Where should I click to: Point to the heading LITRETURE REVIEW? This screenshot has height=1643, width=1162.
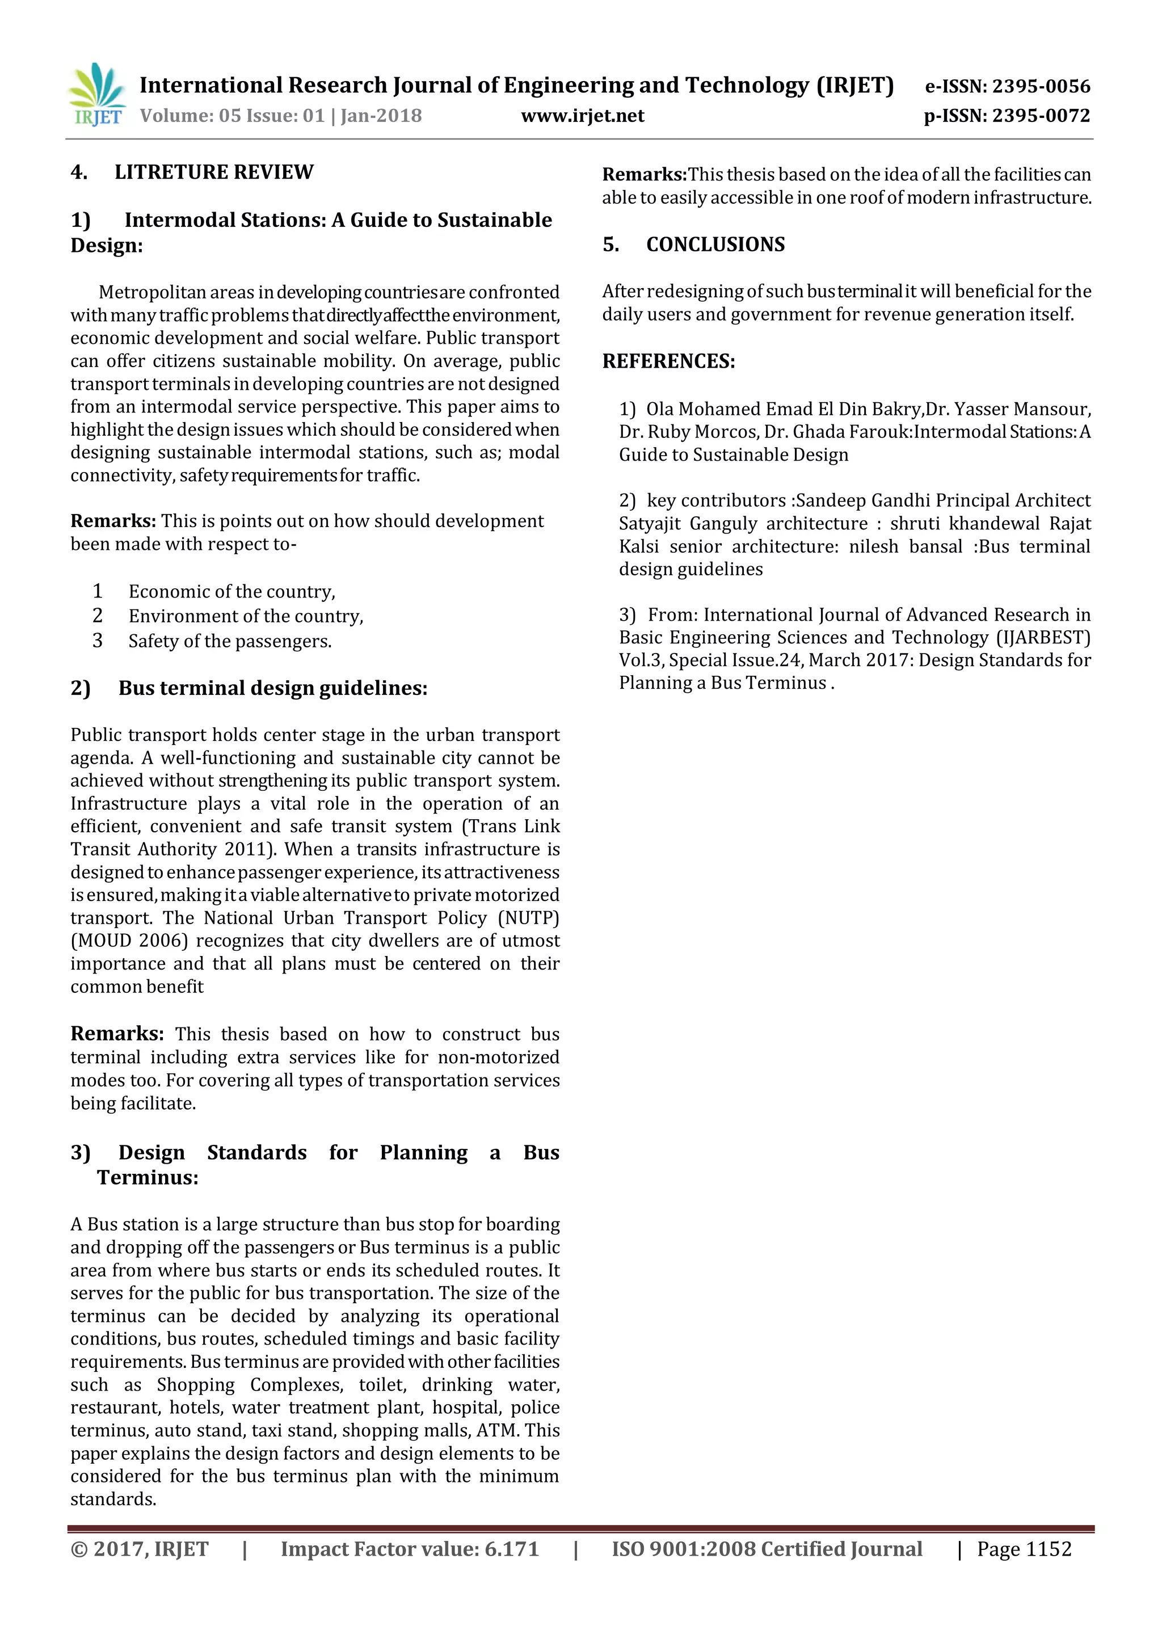coord(213,172)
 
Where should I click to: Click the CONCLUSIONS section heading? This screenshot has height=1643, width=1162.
coord(715,245)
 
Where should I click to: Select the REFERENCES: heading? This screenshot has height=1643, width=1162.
coord(668,361)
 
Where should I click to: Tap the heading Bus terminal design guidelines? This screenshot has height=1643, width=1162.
coord(272,688)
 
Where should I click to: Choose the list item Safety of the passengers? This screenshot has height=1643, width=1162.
coord(230,641)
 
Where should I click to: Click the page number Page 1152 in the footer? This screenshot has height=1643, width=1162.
coord(1024,1549)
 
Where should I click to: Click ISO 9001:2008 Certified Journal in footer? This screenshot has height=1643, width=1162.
coord(767,1549)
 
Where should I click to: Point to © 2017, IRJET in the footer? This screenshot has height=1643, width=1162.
coord(140,1549)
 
